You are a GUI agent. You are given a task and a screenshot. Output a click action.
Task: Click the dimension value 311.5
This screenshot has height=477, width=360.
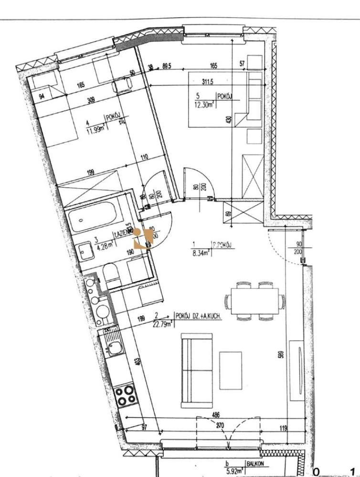pyautogui.click(x=210, y=82)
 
